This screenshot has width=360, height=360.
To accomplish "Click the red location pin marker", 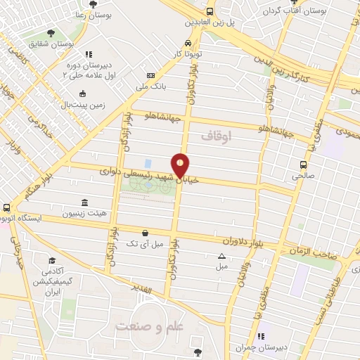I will (x=181, y=165).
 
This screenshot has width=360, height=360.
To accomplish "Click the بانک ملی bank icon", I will (x=150, y=75).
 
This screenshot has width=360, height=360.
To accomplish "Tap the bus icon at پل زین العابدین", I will (x=210, y=11).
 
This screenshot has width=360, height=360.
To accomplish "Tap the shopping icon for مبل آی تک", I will (x=145, y=232).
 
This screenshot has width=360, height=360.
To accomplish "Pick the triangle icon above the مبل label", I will (x=221, y=256).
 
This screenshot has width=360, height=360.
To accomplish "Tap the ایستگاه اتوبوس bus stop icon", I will (x=6, y=208).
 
